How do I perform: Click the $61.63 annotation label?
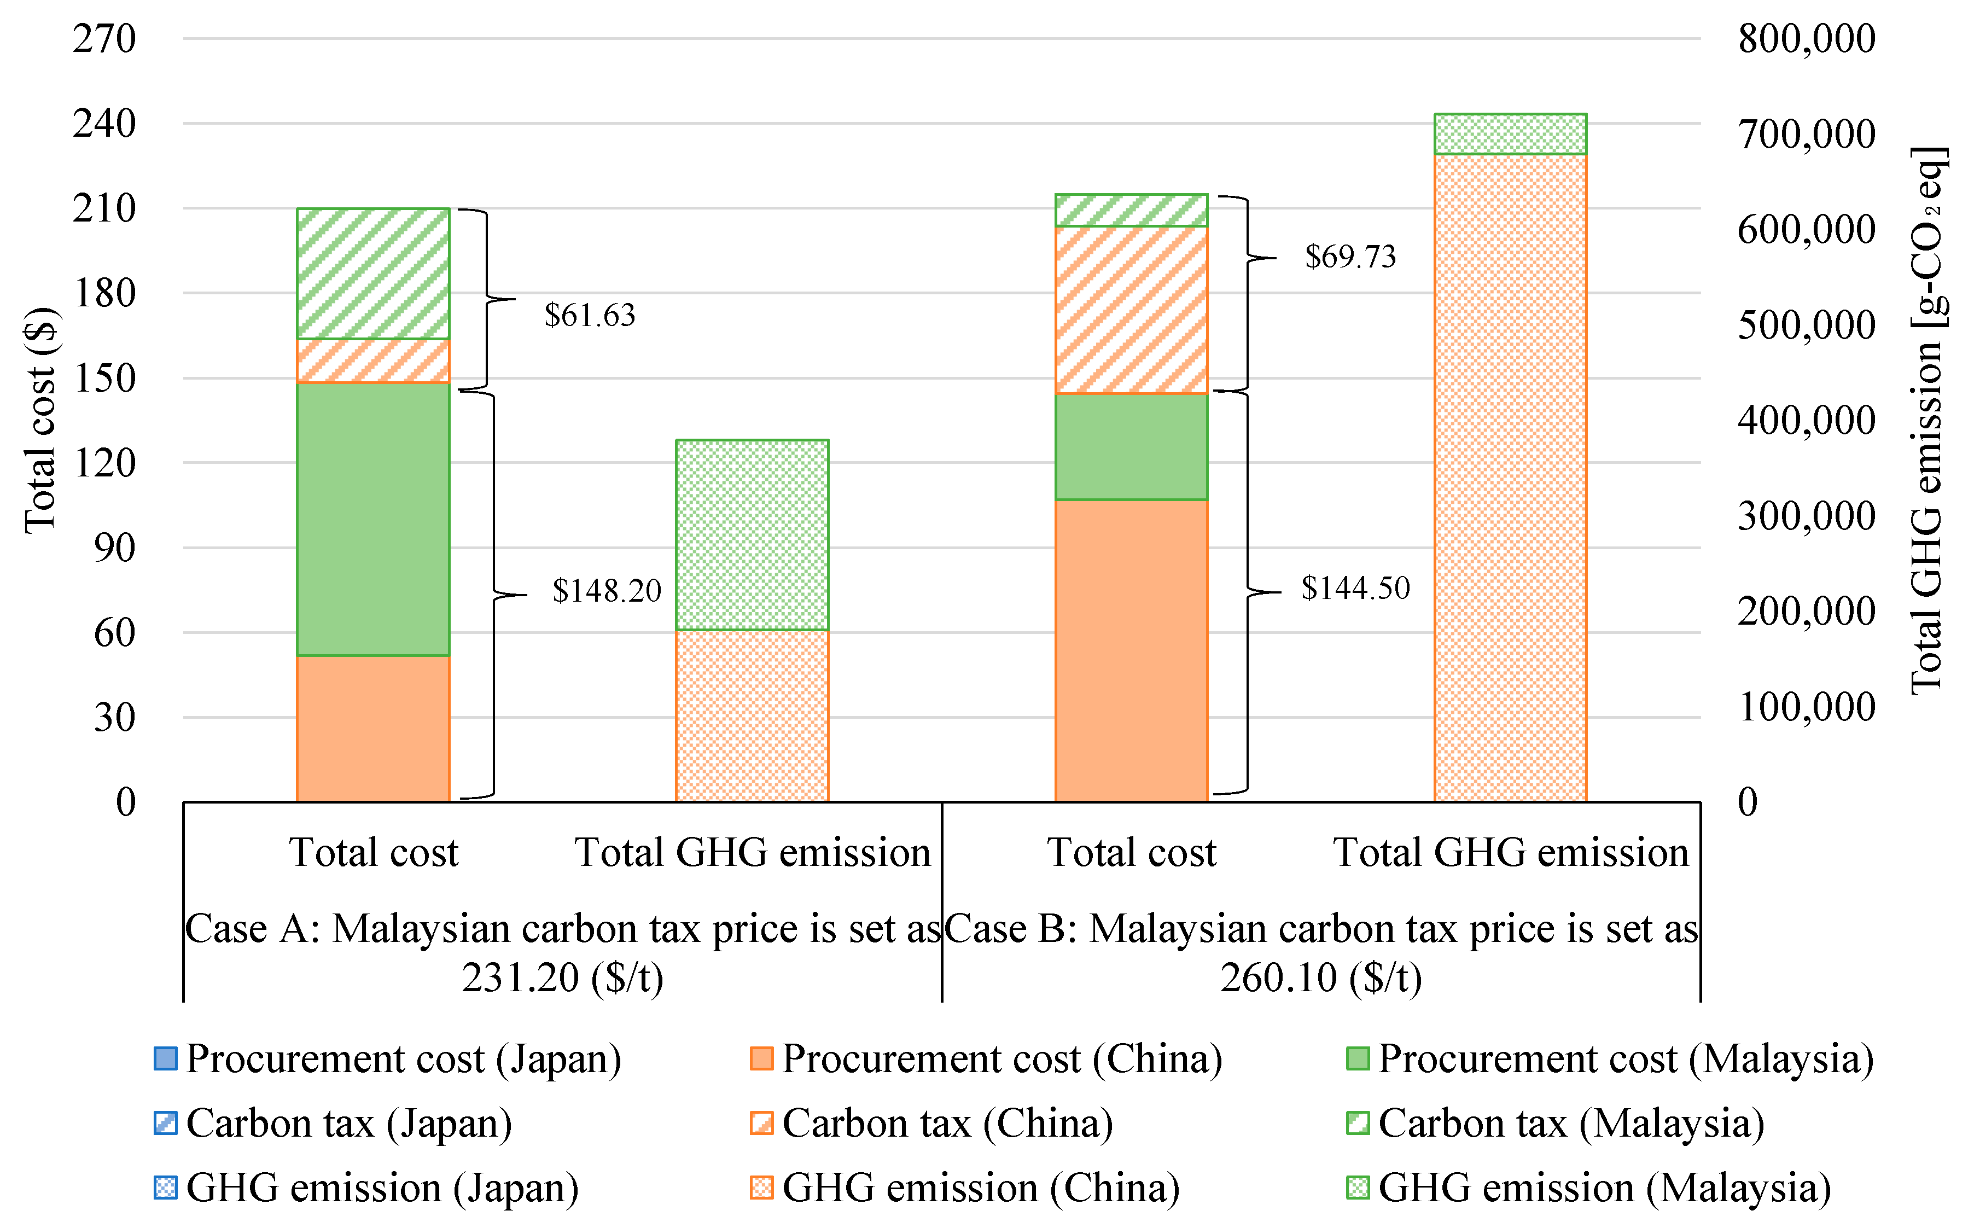coord(589,315)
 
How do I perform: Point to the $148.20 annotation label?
coord(606,591)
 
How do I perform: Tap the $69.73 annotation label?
coord(1350,257)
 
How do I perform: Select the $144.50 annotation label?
coord(1355,587)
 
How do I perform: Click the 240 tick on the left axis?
coord(104,124)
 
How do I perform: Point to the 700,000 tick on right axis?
coord(1806,134)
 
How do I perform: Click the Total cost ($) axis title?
coord(40,420)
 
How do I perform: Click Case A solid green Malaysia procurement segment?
coord(372,519)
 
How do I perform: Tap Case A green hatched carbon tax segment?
coord(372,273)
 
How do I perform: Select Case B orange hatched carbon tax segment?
coord(1131,310)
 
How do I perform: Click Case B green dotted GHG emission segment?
coord(1510,133)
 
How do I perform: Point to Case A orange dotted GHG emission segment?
coord(752,715)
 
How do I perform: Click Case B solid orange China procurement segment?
coord(1131,650)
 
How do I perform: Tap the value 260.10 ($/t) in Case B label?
coord(1320,978)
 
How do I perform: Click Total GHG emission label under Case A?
coord(752,853)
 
